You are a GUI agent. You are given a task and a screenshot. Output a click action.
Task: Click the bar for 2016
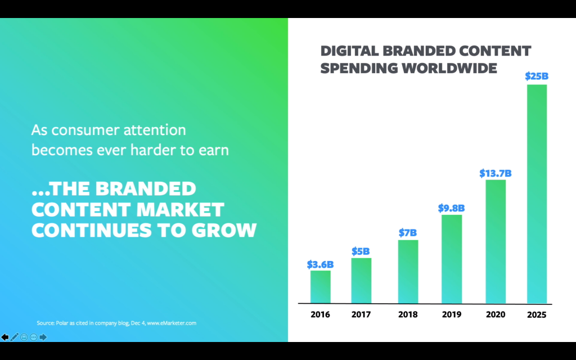click(x=320, y=287)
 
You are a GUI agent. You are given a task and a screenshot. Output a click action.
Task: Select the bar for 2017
click(x=361, y=281)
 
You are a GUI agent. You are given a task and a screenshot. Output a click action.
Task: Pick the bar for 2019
click(x=452, y=259)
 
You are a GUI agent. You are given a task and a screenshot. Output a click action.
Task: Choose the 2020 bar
click(x=495, y=242)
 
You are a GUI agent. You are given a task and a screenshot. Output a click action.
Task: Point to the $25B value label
click(x=536, y=75)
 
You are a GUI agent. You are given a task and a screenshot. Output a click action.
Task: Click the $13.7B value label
click(x=496, y=173)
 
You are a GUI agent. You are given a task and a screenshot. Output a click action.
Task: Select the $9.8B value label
click(x=452, y=208)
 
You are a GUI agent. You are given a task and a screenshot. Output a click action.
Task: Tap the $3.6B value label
click(x=320, y=264)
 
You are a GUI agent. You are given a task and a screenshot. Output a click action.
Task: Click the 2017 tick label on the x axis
click(x=362, y=314)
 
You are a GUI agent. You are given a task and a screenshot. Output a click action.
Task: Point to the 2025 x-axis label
click(x=537, y=314)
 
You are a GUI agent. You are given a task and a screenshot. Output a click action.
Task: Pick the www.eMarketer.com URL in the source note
click(x=171, y=323)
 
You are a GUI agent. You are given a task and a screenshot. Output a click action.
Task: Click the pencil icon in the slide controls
click(x=15, y=337)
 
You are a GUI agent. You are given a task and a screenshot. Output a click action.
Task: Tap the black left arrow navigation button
click(x=5, y=337)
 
